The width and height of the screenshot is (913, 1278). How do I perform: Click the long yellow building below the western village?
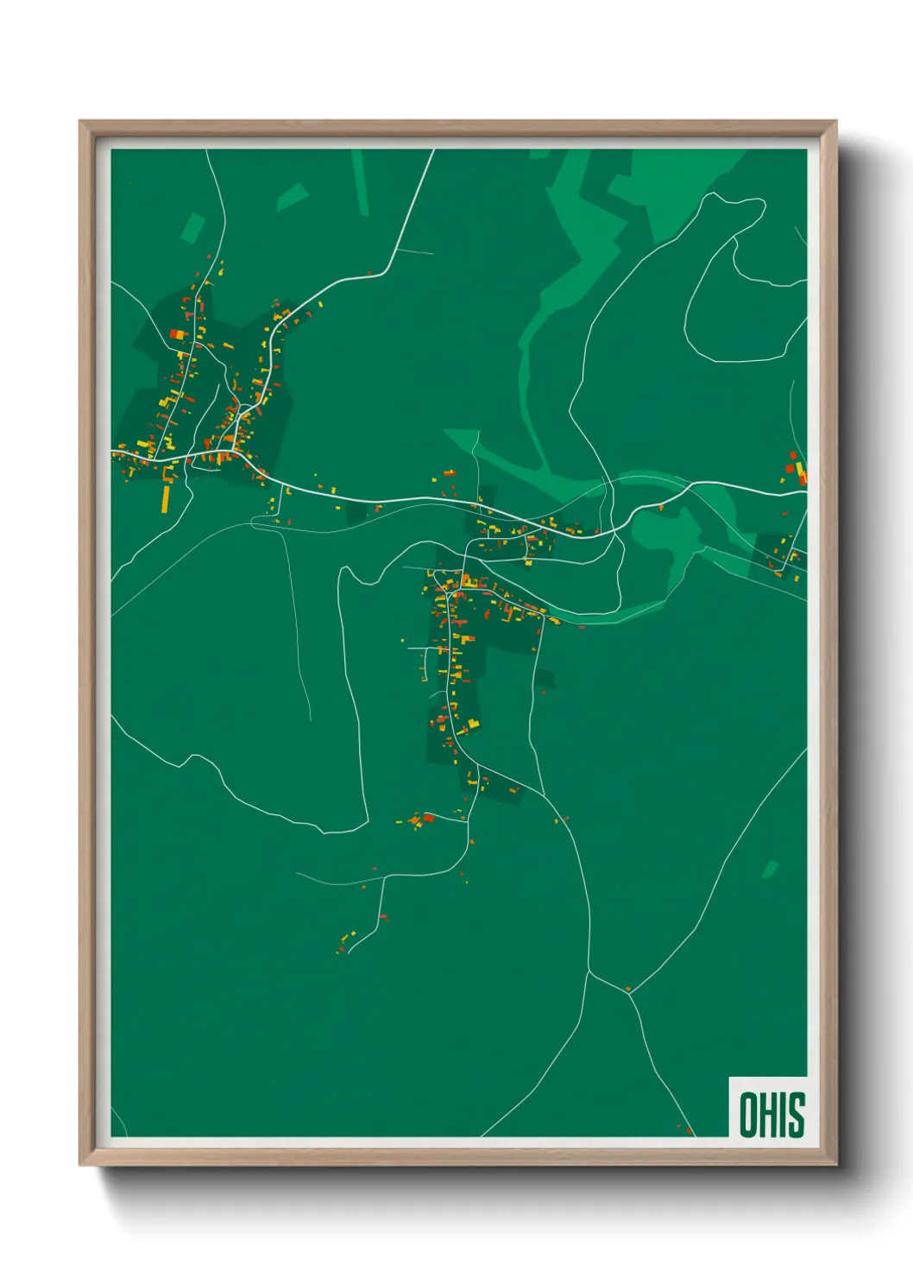coord(167,497)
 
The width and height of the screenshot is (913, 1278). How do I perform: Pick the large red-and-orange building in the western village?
coord(178,334)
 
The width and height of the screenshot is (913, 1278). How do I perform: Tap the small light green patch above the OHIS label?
coord(769,869)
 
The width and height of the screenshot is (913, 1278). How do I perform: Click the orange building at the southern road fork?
coord(627,989)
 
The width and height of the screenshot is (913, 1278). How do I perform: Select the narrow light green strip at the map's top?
coord(360,182)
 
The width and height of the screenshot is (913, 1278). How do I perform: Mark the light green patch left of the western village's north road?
coord(192,228)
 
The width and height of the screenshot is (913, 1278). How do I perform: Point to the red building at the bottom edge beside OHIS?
coord(689,1129)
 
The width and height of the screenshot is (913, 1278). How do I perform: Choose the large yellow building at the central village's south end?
coord(473,723)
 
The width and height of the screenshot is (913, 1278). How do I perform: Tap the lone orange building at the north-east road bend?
coord(369,273)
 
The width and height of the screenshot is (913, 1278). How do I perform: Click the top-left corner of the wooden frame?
coord(80,122)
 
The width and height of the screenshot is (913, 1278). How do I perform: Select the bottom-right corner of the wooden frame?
coord(836,1165)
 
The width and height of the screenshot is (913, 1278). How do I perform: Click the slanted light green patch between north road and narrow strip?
coord(293,197)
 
